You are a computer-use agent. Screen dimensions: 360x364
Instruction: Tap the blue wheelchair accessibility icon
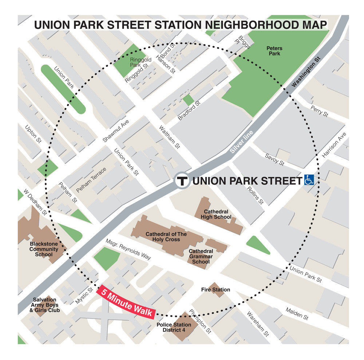tap(309, 180)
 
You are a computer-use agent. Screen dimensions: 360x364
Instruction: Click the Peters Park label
tap(274, 51)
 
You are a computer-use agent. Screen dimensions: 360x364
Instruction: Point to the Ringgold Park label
tap(135, 62)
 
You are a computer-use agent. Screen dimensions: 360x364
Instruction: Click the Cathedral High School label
tap(216, 214)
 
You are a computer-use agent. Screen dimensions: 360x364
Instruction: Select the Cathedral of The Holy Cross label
tap(166, 237)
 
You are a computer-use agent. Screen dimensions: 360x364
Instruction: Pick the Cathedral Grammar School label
tap(201, 256)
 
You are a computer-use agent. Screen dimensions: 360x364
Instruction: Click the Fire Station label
tap(215, 290)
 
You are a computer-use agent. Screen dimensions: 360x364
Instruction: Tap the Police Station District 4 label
tap(174, 327)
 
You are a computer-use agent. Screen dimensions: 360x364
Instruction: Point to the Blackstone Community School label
tap(44, 249)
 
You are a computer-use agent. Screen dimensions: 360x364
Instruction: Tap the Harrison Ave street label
tap(334, 145)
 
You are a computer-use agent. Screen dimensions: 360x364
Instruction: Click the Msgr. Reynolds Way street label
tap(128, 249)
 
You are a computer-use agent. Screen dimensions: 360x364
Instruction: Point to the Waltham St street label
tap(169, 137)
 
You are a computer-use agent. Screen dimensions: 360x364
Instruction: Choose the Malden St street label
tap(297, 313)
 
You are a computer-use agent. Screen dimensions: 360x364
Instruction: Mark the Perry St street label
tap(319, 111)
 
